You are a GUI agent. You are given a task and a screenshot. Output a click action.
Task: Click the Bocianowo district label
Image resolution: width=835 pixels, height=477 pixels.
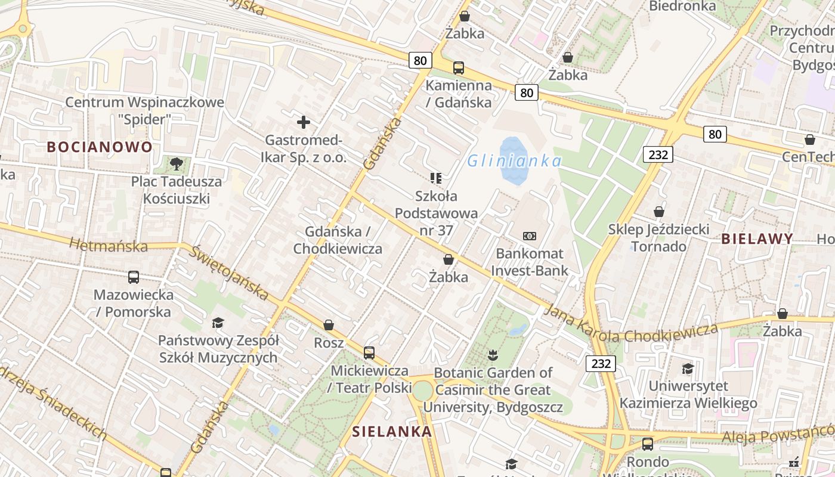point(100,147)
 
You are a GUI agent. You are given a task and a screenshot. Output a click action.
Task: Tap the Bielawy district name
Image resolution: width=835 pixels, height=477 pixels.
point(757,239)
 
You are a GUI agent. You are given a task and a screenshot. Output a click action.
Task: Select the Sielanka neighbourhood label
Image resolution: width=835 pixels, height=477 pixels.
point(392,432)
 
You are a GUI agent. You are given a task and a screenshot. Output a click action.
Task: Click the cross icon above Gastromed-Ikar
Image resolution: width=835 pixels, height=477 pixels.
point(304,123)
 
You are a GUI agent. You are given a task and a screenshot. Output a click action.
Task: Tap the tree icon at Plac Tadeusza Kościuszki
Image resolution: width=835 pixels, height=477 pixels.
point(176,163)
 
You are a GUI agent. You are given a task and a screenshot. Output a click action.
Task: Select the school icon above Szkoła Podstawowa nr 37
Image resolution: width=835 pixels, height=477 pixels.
point(435,178)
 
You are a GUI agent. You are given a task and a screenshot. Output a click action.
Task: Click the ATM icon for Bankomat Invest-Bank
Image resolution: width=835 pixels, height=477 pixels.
point(530,236)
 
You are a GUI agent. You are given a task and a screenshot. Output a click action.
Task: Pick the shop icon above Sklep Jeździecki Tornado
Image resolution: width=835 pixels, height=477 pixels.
point(659,212)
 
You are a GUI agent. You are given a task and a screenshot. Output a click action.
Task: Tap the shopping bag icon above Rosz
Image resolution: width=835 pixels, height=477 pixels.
point(329,325)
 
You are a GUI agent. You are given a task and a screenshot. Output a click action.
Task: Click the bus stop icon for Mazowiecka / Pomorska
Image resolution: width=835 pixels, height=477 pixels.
point(134,277)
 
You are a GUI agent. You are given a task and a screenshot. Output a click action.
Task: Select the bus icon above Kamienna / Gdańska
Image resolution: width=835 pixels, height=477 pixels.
point(459,68)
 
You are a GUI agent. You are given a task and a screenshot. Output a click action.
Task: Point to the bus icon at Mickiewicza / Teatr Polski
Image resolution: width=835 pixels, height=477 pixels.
point(369,352)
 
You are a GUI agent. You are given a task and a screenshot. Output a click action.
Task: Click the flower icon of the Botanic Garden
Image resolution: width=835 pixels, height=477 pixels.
point(493,355)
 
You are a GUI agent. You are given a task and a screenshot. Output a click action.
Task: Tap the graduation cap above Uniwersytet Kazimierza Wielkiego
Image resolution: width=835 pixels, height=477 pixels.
point(688,368)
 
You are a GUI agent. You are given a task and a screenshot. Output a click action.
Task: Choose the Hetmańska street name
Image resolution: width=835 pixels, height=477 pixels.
point(109,244)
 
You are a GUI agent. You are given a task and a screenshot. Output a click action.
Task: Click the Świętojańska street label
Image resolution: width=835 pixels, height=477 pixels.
point(229,272)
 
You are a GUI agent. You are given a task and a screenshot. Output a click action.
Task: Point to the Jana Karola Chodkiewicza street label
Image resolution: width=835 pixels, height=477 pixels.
point(632,327)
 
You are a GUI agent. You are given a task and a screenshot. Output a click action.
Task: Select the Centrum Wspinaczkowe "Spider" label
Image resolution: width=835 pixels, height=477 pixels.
point(144,110)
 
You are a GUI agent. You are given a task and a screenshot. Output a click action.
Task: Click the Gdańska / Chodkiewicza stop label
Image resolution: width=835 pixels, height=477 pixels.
point(338,240)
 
